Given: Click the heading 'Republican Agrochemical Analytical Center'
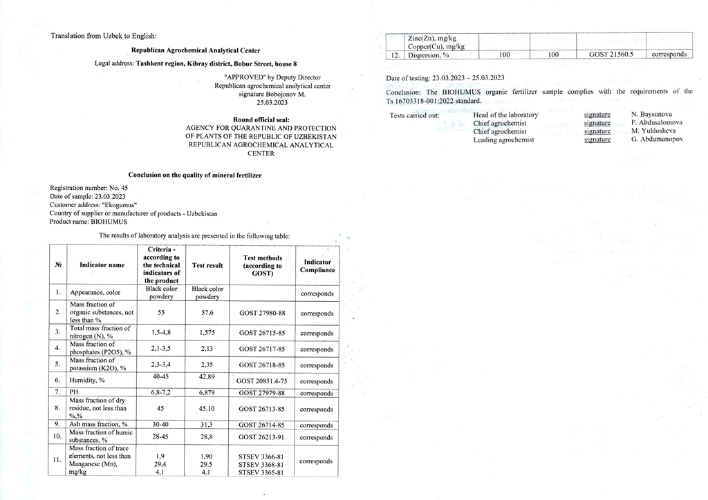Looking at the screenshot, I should click(196, 50).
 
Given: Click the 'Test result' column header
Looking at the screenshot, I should click(207, 265).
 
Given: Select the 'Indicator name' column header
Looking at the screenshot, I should click(102, 265).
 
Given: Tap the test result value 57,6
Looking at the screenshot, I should click(207, 313).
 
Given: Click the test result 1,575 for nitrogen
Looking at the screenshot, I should click(207, 333).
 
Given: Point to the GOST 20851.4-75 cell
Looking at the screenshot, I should click(262, 381).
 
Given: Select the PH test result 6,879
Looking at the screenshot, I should click(207, 393).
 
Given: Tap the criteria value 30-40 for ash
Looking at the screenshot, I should click(160, 425).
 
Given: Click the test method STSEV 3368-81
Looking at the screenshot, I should click(261, 465).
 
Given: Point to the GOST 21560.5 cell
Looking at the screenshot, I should click(611, 54).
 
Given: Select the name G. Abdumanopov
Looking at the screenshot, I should click(657, 140).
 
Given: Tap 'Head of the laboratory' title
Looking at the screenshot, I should click(505, 115).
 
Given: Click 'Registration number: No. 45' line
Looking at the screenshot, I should click(89, 188).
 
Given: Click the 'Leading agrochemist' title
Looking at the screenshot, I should click(503, 140).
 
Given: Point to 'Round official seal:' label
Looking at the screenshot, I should click(261, 119).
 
